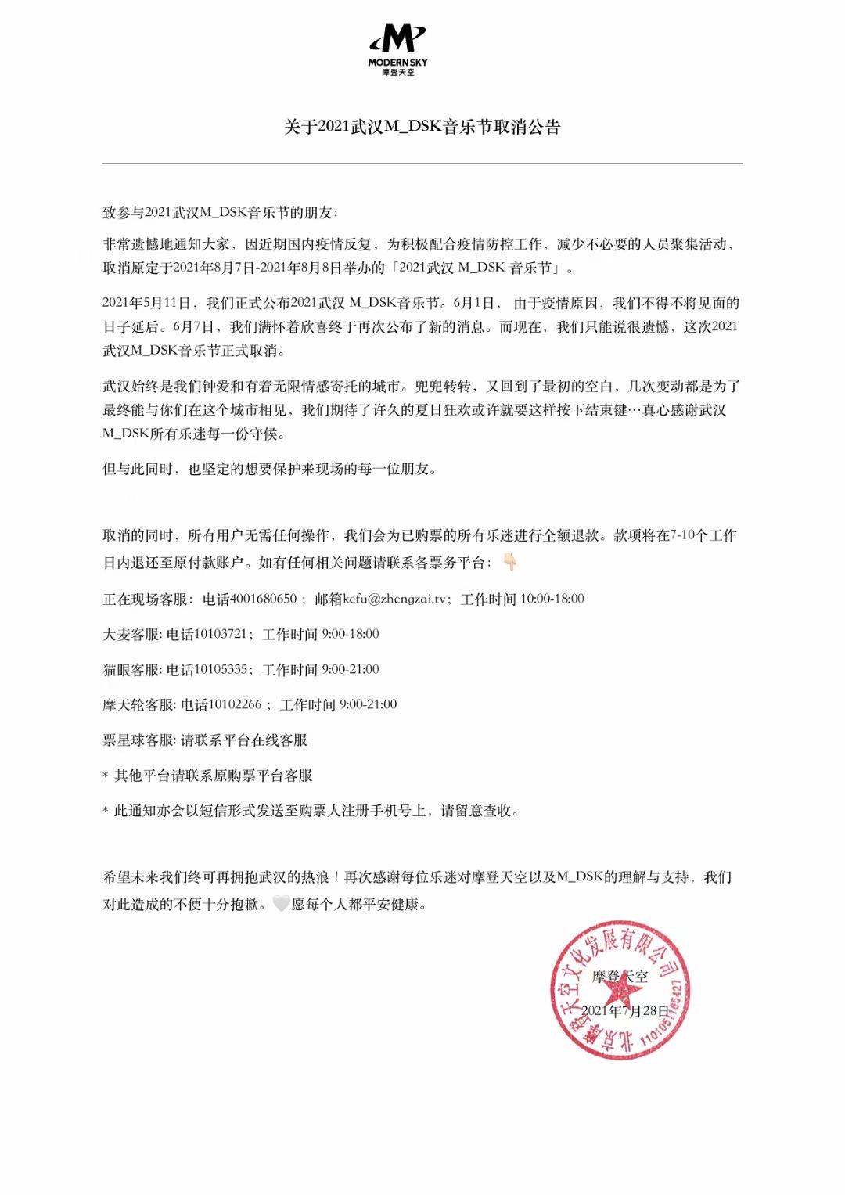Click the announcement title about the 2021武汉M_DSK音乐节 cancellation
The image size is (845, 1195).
click(x=422, y=128)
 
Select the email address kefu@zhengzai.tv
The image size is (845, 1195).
click(x=379, y=599)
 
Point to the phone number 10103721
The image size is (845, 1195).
click(x=221, y=634)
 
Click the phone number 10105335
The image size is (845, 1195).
click(x=221, y=669)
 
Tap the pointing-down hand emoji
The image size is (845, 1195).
click(x=509, y=562)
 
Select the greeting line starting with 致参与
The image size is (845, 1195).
click(x=221, y=213)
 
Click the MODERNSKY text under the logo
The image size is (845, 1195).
click(x=397, y=62)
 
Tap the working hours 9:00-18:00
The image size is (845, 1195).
click(x=351, y=634)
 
